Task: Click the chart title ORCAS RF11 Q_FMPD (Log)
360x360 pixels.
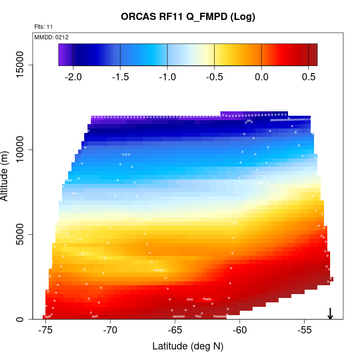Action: pyautogui.click(x=188, y=17)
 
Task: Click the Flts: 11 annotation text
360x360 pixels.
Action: pyautogui.click(x=44, y=27)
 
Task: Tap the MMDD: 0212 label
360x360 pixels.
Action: pyautogui.click(x=52, y=37)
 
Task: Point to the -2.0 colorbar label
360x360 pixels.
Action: pyautogui.click(x=73, y=76)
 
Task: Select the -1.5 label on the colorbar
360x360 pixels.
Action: pyautogui.click(x=120, y=76)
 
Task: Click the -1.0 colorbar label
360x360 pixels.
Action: pyautogui.click(x=167, y=76)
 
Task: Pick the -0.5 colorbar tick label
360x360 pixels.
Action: pyautogui.click(x=214, y=76)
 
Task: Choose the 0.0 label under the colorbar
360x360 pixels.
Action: pyautogui.click(x=261, y=76)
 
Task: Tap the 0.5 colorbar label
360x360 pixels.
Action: pyautogui.click(x=308, y=76)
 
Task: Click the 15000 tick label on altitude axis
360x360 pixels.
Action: pyautogui.click(x=21, y=65)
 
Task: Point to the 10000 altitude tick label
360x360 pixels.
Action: pyautogui.click(x=21, y=150)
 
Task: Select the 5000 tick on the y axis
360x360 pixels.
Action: pyautogui.click(x=21, y=234)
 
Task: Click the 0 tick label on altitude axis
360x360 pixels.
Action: pyautogui.click(x=21, y=319)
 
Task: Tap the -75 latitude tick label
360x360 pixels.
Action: pyautogui.click(x=45, y=331)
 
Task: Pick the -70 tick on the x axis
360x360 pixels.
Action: pyautogui.click(x=110, y=331)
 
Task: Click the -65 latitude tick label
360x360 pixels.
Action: pyautogui.click(x=175, y=331)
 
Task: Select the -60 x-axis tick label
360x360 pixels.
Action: pyautogui.click(x=240, y=331)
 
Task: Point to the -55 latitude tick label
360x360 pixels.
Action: pyautogui.click(x=305, y=331)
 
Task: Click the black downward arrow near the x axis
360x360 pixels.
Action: pyautogui.click(x=330, y=313)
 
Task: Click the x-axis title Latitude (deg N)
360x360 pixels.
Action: pyautogui.click(x=188, y=347)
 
